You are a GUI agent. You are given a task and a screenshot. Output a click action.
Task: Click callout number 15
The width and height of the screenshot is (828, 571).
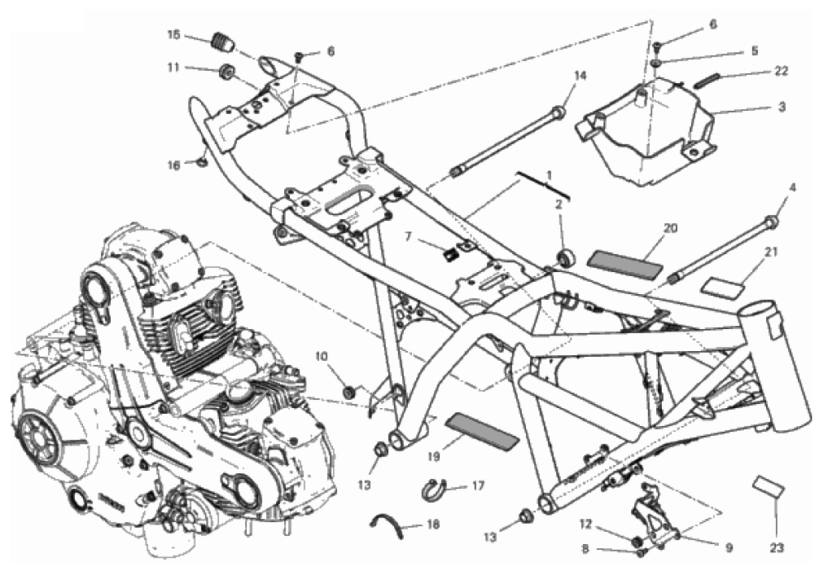(173, 35)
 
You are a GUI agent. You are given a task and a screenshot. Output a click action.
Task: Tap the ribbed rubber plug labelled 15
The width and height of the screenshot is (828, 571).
(222, 42)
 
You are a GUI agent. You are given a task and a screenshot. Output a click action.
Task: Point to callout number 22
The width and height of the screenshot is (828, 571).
(781, 71)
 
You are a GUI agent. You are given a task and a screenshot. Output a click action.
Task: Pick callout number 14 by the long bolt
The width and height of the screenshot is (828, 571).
(580, 76)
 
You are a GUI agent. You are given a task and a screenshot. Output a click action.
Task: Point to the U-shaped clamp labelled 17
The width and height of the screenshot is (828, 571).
(434, 490)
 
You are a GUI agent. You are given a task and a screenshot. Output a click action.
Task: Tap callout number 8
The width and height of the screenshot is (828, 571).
(585, 549)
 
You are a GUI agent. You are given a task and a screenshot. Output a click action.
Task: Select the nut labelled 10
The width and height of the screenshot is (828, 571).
(349, 393)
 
